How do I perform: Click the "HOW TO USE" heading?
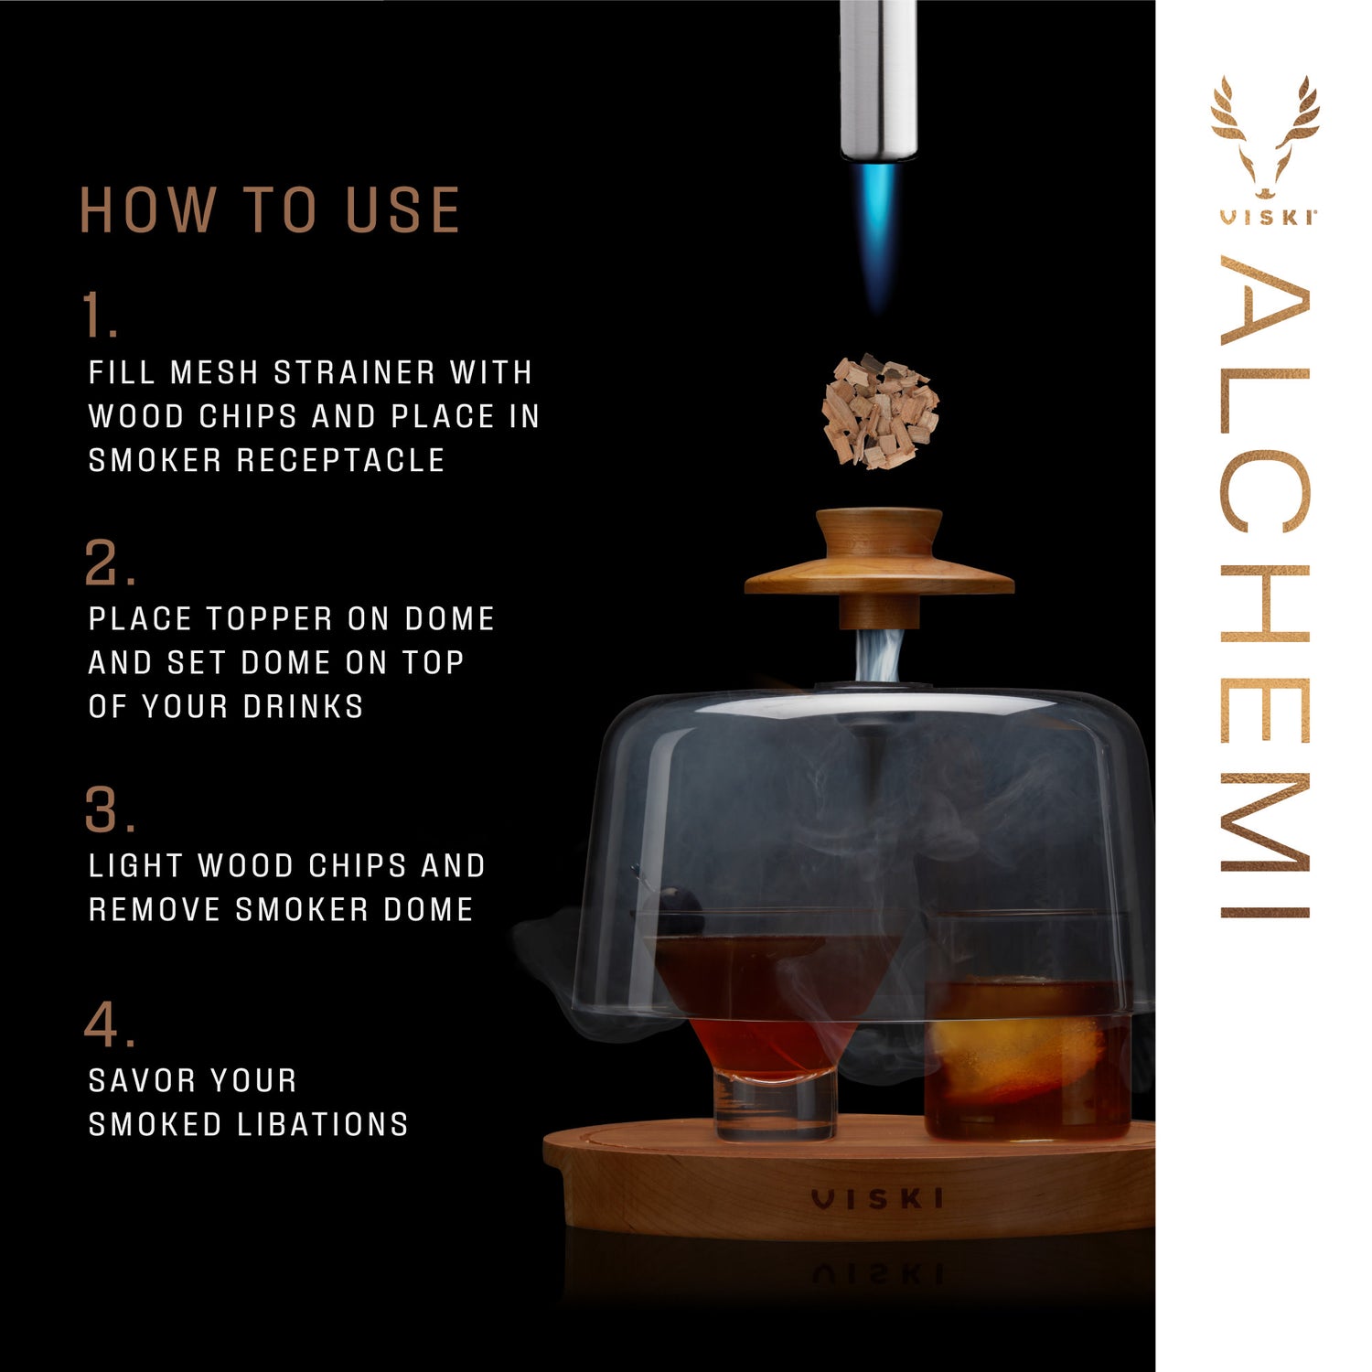270,210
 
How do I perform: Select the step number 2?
107,563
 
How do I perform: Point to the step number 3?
108,810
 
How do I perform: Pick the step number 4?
108,1025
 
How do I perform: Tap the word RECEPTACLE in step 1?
340,460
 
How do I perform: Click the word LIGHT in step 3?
136,866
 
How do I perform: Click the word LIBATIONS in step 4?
322,1124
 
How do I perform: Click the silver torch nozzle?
878,82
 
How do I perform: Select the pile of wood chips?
880,412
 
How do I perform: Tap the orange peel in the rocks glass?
1006,1052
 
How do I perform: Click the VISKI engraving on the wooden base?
877,1198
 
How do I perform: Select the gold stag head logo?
1266,137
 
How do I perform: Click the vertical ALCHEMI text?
1266,585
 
